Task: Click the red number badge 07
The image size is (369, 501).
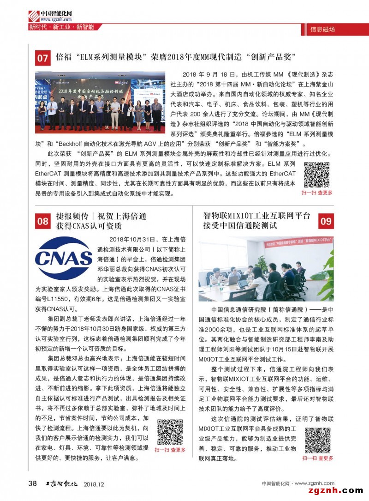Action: pos(42,59)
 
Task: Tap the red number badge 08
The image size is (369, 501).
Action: pos(43,221)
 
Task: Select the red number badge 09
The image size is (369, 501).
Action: pos(326,221)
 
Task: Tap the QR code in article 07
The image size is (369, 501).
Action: pos(317,175)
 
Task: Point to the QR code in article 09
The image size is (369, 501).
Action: pos(317,441)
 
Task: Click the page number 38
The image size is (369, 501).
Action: pos(33,483)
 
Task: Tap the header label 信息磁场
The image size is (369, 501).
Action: pos(322,30)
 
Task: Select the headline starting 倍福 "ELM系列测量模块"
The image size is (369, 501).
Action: pos(175,59)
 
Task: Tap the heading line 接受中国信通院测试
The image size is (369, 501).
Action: pos(240,226)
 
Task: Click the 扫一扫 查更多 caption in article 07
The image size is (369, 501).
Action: pos(317,193)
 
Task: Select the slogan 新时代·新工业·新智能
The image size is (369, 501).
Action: pos(61,27)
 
